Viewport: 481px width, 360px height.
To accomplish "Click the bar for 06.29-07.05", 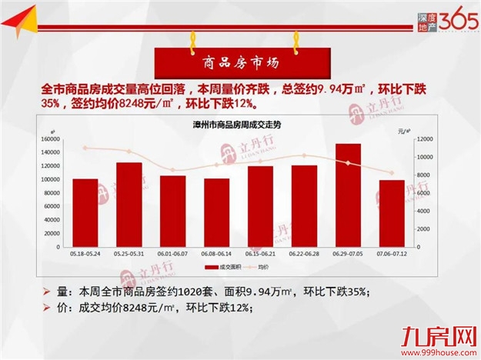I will pos(348,195).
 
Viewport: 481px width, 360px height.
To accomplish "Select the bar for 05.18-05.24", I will pos(85,212).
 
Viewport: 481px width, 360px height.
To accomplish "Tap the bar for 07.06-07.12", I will pos(392,213).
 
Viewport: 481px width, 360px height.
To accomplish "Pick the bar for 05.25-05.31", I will pos(129,204).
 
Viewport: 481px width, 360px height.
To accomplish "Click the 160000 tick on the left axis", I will pos(51,139).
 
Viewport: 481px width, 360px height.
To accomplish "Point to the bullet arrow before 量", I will pos(48,293).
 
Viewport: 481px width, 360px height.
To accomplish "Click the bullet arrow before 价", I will pos(48,308).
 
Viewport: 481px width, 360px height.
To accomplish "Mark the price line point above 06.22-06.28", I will pos(304,156).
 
